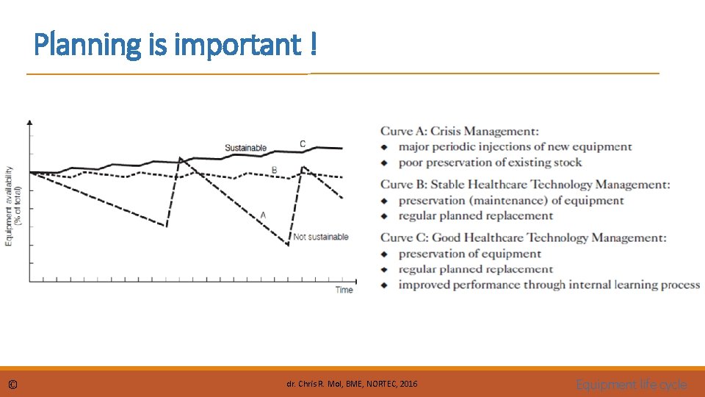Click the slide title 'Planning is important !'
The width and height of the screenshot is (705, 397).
pyautogui.click(x=176, y=45)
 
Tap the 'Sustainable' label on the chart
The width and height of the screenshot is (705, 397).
pyautogui.click(x=245, y=148)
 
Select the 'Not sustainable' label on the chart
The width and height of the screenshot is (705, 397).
pyautogui.click(x=321, y=237)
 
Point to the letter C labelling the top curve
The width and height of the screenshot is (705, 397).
pyautogui.click(x=303, y=143)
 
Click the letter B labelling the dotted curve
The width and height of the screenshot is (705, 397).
pyautogui.click(x=274, y=170)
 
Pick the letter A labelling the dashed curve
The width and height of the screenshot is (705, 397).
pyautogui.click(x=263, y=215)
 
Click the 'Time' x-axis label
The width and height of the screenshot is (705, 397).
pyautogui.click(x=344, y=290)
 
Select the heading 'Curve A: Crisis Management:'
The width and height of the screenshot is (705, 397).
pyautogui.click(x=459, y=132)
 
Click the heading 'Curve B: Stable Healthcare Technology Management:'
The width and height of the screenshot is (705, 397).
pyautogui.click(x=524, y=185)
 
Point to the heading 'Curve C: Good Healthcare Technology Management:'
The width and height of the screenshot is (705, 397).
pyautogui.click(x=523, y=237)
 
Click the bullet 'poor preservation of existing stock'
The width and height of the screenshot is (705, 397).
pyautogui.click(x=490, y=162)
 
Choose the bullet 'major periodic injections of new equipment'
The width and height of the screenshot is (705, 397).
pyautogui.click(x=515, y=147)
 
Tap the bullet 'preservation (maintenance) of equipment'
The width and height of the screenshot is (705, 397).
pyautogui.click(x=511, y=200)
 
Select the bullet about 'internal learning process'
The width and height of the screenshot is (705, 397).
pyautogui.click(x=549, y=285)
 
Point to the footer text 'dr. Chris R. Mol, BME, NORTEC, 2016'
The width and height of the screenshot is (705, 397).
pyautogui.click(x=352, y=385)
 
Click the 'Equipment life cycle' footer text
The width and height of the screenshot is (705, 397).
pyautogui.click(x=632, y=385)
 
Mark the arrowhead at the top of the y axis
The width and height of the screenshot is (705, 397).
pyautogui.click(x=29, y=122)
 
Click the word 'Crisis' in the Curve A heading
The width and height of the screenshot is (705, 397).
pyautogui.click(x=447, y=132)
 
